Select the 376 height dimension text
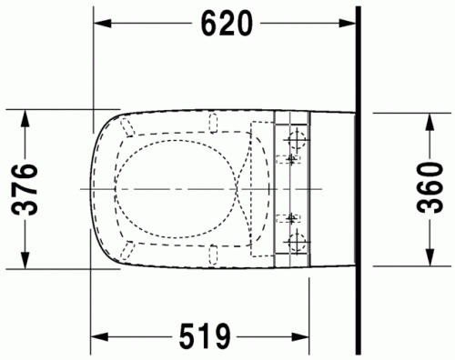tap(27, 189)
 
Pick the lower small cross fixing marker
tap(291, 219)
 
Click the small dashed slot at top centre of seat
tap(215, 120)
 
